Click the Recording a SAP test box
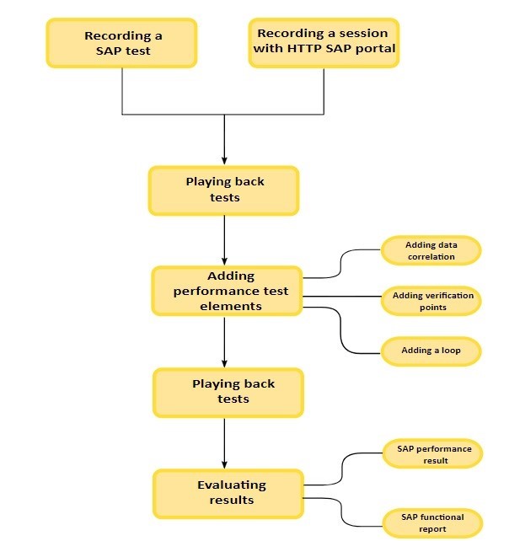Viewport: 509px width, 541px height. (123, 44)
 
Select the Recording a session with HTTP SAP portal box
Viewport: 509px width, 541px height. (324, 44)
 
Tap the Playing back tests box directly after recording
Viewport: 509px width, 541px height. (224, 190)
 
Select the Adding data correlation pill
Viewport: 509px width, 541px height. (430, 250)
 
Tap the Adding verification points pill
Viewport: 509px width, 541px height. (431, 301)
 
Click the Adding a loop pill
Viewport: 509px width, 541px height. (431, 351)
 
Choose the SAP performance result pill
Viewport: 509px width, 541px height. (433, 453)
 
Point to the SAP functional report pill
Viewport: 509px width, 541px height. (433, 523)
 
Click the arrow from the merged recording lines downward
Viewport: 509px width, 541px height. (224, 139)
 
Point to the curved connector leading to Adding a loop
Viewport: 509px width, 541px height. (341, 333)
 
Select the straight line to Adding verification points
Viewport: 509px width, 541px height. (341, 296)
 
